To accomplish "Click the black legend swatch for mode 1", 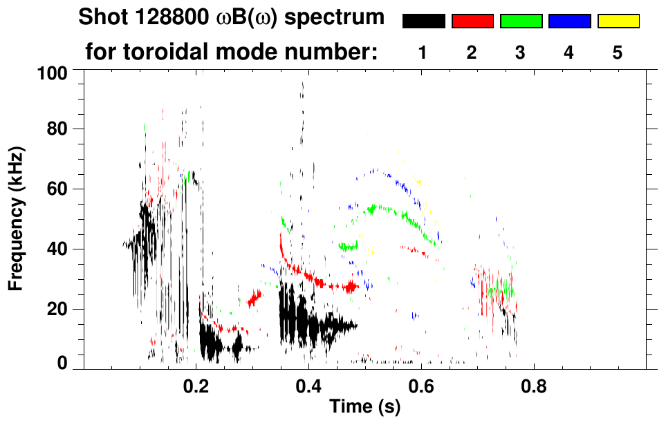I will coord(423,21).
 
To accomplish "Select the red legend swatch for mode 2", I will coord(472,21).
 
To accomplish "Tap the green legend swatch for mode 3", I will coord(521,21).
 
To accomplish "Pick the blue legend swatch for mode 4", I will coord(569,21).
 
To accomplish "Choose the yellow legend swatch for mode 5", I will coord(618,21).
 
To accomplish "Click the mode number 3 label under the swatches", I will coord(521,53).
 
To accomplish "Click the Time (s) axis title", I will coord(364,408).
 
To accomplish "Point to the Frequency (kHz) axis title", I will coord(17,218).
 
